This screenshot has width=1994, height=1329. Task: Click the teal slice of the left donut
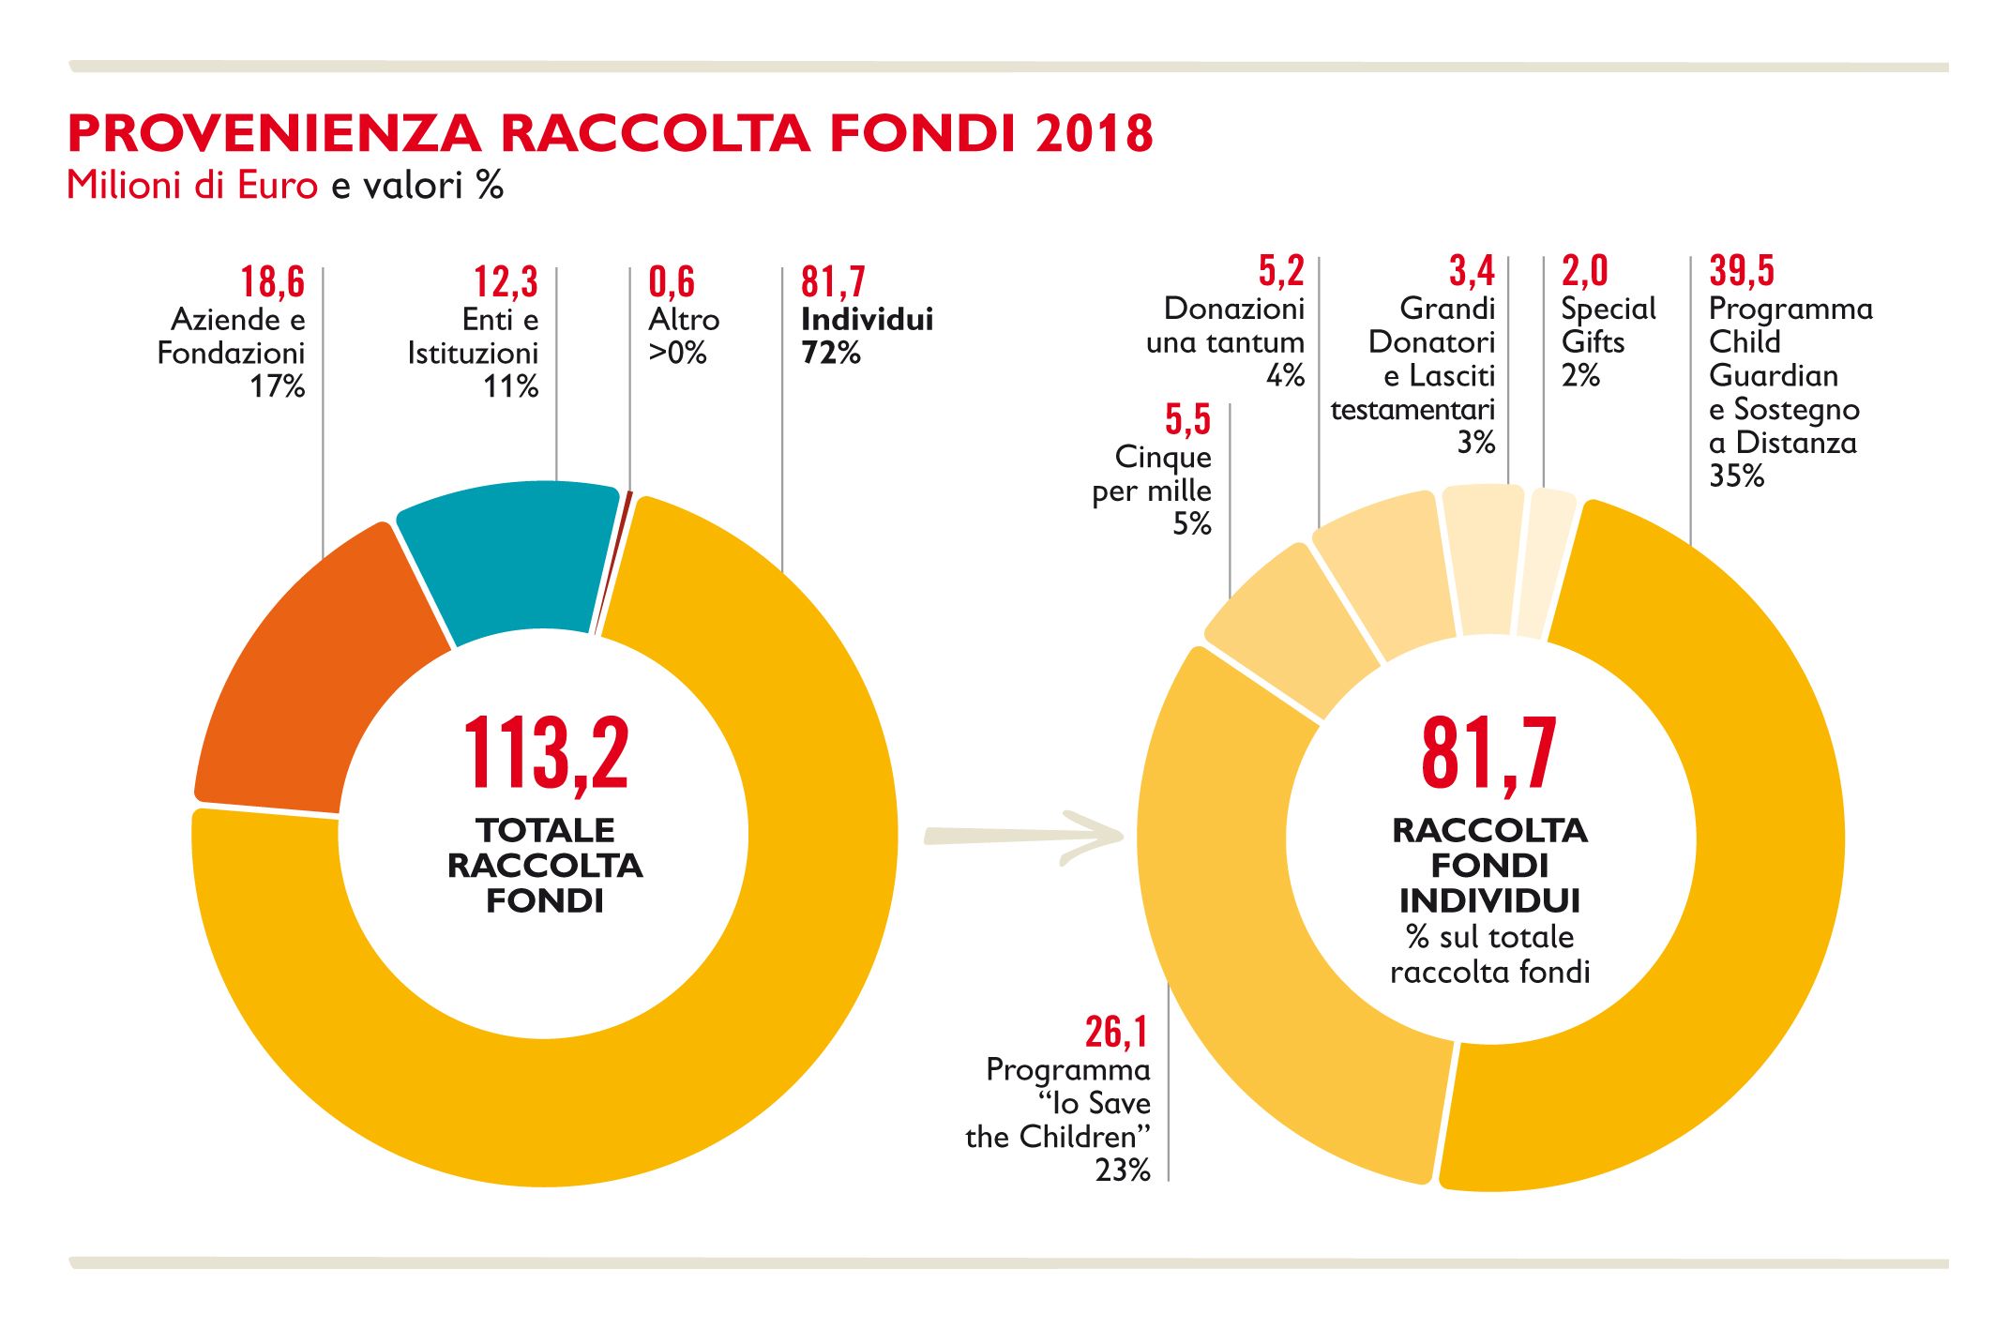click(511, 553)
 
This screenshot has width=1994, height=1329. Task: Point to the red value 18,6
click(272, 281)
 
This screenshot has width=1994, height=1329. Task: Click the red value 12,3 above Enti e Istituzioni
click(506, 281)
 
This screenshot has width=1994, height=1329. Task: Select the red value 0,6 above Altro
click(672, 281)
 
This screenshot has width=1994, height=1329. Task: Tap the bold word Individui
click(867, 320)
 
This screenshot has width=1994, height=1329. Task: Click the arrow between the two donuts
click(1022, 835)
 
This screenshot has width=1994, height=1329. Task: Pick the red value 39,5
click(1742, 270)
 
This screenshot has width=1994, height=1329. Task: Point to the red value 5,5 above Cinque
click(1187, 419)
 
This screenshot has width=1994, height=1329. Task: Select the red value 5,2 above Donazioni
click(1281, 270)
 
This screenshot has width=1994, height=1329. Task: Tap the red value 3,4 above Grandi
click(1472, 270)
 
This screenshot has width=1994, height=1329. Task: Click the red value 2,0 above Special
click(1584, 270)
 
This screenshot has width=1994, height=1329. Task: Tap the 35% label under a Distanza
click(1736, 476)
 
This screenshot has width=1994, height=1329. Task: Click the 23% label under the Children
click(1123, 1170)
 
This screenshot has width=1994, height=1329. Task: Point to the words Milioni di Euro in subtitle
click(192, 186)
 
